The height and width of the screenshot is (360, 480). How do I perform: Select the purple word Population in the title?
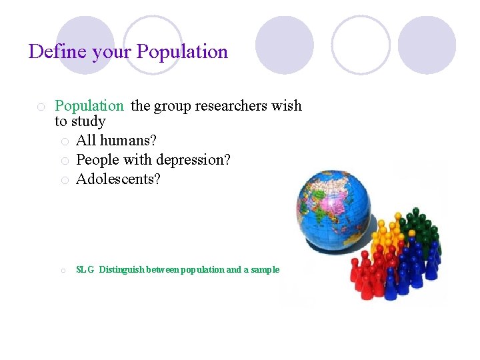tap(181, 52)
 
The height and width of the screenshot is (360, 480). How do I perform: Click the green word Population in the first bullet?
tap(89, 106)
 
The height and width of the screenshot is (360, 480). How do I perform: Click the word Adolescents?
tap(118, 179)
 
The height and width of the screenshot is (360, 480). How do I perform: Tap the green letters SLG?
tap(85, 270)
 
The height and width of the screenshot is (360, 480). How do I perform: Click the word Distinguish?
tap(123, 270)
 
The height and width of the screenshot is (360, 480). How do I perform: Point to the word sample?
tap(265, 270)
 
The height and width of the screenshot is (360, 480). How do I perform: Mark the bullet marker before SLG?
tap(61, 271)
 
